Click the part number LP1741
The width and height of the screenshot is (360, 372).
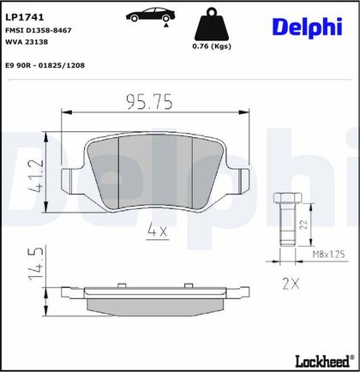(25, 17)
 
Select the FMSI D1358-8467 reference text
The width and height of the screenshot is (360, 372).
(39, 30)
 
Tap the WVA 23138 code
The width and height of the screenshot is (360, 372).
(27, 42)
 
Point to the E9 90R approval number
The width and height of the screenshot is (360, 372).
(45, 65)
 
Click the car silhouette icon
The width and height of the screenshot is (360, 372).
(150, 15)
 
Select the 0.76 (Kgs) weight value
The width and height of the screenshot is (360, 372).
(212, 46)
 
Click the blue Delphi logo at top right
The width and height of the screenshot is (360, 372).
(308, 27)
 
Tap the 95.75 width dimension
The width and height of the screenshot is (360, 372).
(150, 102)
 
